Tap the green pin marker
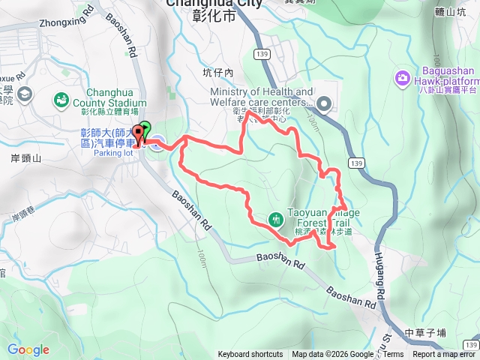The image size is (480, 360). tap(145, 129)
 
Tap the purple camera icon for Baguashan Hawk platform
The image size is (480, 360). tap(402, 77)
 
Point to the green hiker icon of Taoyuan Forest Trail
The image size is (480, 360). tap(276, 218)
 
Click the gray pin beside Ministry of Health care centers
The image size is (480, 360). tap(323, 103)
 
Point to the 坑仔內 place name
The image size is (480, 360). tap(218, 73)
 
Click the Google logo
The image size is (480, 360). tap(28, 349)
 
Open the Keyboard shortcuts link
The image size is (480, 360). tap(250, 355)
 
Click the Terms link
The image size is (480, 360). tap(393, 355)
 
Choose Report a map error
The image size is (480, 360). tap(444, 355)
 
